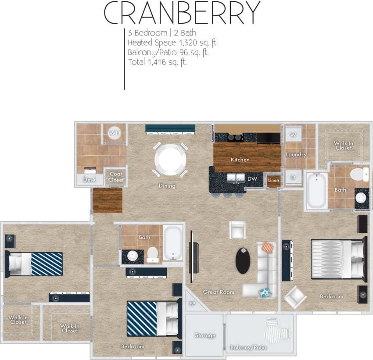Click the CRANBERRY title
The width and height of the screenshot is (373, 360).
coord(182,13)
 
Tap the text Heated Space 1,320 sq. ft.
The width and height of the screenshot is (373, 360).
coord(172,43)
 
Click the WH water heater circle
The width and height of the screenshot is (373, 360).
coord(115,133)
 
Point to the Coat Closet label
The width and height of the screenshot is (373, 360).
coord(116,177)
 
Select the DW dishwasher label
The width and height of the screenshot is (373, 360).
coord(251,178)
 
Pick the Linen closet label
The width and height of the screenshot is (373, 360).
coord(273,180)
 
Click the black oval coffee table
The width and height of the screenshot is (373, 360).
coord(243,261)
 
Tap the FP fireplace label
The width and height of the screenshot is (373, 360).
coord(192,303)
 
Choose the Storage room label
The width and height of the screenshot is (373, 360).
coord(205,335)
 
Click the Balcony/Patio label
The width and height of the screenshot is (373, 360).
coord(248,348)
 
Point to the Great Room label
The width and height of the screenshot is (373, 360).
coord(218,292)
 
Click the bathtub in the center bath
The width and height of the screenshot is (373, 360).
coord(173,242)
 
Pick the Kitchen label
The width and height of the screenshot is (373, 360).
coord(240,160)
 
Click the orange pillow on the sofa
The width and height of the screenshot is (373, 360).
coord(268,248)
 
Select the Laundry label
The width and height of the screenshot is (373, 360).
coord(296,154)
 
